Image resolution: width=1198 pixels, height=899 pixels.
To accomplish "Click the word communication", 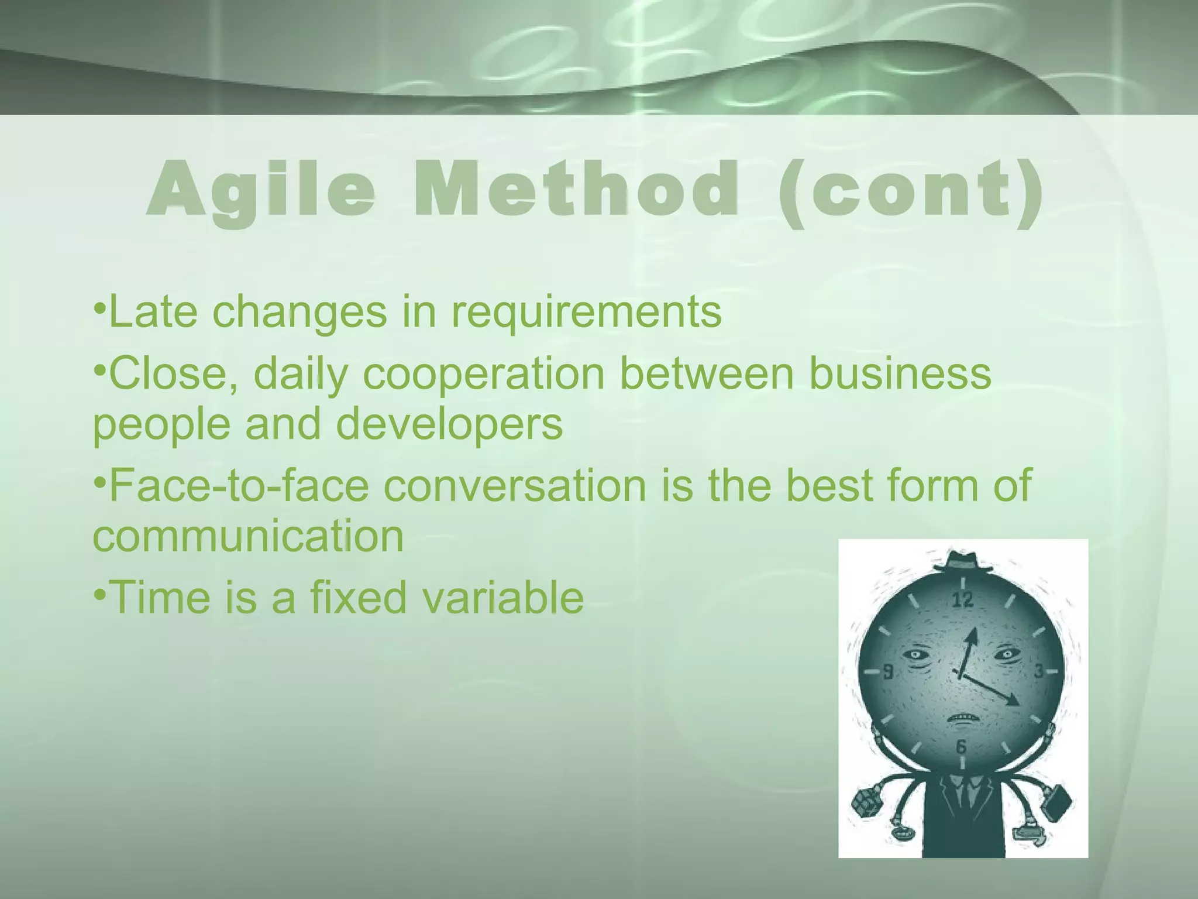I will [248, 536].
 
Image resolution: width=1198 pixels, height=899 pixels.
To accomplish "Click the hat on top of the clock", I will [963, 562].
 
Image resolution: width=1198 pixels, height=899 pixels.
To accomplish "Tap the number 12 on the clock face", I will [963, 599].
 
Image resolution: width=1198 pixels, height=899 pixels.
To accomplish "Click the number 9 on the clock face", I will [888, 672].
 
